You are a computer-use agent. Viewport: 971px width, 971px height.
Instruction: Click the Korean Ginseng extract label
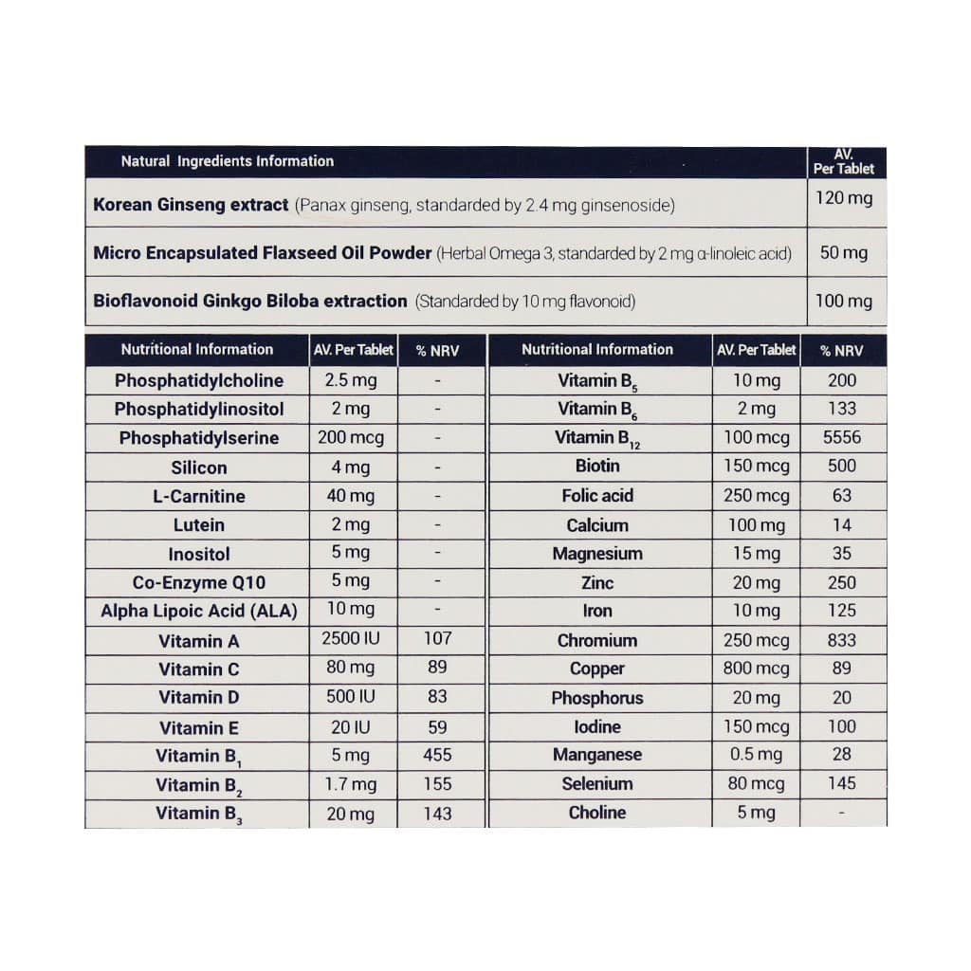[191, 204]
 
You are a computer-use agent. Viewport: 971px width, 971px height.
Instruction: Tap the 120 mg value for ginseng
[844, 199]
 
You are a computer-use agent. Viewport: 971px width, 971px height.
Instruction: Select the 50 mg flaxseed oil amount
[843, 253]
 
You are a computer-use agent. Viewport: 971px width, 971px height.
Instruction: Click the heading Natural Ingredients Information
[228, 161]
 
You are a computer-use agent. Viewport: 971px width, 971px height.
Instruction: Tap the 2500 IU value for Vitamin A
[351, 638]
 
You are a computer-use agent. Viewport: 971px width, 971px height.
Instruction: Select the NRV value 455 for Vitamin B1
[437, 756]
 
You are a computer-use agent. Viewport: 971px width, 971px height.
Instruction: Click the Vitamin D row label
[199, 697]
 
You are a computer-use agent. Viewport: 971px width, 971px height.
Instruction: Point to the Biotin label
[597, 466]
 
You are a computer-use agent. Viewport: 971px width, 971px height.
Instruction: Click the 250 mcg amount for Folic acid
[756, 495]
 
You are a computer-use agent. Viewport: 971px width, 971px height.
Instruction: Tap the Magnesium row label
[597, 554]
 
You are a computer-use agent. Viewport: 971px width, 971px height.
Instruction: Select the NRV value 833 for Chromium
[841, 640]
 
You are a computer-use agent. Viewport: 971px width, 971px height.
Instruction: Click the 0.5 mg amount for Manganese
[756, 755]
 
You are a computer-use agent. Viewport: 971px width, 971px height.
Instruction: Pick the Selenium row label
[597, 783]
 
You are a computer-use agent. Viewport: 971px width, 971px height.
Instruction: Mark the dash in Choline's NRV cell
[841, 813]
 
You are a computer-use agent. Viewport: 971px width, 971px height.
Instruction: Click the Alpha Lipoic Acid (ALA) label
[199, 612]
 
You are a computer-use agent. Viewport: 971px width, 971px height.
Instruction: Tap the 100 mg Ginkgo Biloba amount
[844, 302]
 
